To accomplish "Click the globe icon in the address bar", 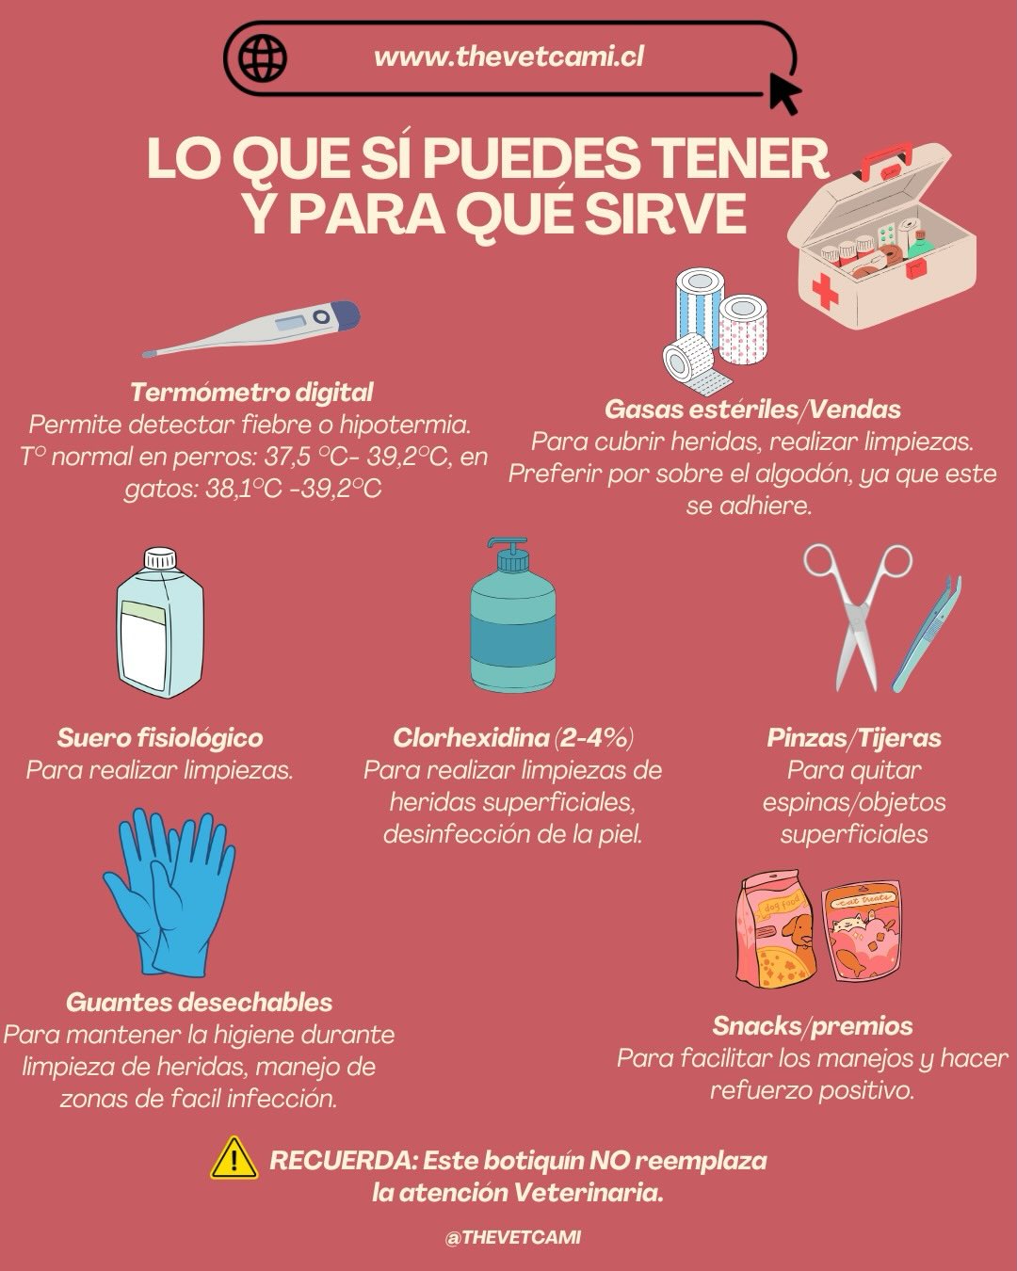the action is click(x=263, y=57).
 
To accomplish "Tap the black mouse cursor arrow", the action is click(x=784, y=93).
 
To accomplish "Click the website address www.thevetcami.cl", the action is click(x=508, y=57).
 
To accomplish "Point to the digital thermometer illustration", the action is click(x=251, y=329).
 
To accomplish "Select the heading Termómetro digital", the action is click(x=251, y=393).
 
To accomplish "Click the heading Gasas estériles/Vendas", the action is click(x=752, y=410).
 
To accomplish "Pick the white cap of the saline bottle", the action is click(x=161, y=557).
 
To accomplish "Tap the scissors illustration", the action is click(x=857, y=617).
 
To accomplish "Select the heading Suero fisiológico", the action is click(x=159, y=738).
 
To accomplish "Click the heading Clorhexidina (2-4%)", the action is click(x=513, y=738).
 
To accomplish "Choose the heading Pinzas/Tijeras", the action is click(x=854, y=738).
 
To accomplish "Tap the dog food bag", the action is click(x=776, y=930).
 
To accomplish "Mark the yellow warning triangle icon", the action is click(x=234, y=1159).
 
